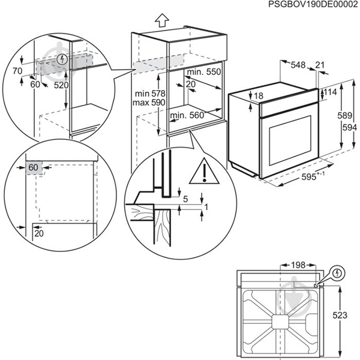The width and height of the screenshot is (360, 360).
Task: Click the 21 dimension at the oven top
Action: pos(319,64)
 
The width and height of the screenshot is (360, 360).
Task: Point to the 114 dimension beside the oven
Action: pos(329,92)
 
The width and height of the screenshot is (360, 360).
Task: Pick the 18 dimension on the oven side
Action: pos(258,96)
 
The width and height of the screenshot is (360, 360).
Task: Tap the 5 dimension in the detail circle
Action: pos(185,198)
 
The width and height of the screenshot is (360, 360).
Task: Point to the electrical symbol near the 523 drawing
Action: pos(338,273)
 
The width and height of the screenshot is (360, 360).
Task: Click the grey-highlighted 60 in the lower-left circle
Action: pos(32,167)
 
